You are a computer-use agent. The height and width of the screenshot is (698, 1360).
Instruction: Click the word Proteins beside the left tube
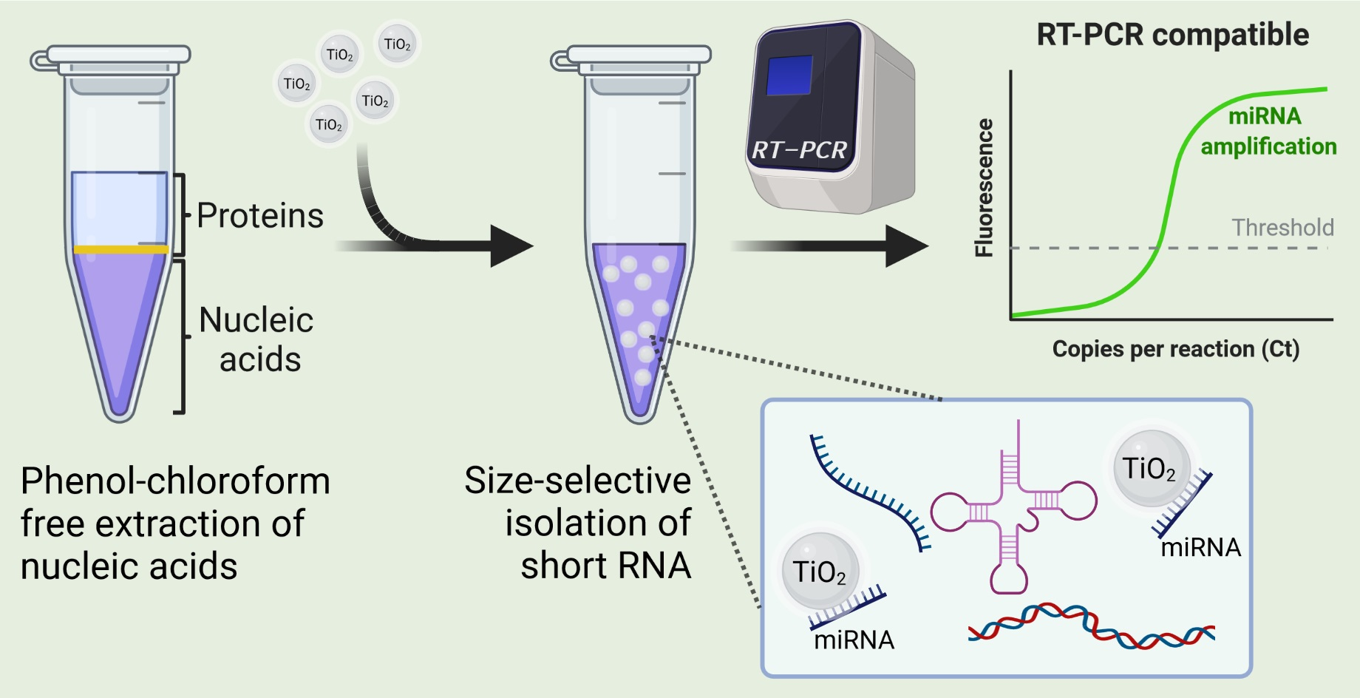click(260, 216)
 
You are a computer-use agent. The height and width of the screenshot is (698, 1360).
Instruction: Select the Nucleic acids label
click(257, 339)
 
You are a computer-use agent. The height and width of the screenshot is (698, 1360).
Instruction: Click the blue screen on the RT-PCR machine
click(789, 76)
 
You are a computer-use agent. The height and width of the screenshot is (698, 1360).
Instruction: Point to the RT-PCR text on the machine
click(799, 151)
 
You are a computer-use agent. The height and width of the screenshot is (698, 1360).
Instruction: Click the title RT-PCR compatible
click(1172, 35)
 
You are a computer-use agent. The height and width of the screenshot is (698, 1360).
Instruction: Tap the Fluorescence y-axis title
click(984, 188)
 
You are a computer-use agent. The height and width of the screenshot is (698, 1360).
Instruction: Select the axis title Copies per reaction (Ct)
click(1175, 348)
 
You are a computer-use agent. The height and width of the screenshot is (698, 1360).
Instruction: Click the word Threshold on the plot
click(1282, 228)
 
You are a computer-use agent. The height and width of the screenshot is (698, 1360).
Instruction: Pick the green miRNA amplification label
click(1267, 132)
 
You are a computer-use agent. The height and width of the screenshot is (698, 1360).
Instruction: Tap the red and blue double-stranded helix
click(1091, 626)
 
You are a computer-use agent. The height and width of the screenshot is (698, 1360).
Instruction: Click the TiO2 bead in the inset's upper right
click(1149, 468)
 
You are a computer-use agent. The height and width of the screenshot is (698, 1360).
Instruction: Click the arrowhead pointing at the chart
click(907, 246)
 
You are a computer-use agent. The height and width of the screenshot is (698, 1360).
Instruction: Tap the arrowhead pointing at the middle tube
click(511, 246)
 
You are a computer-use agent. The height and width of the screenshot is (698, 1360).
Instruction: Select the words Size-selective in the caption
click(577, 481)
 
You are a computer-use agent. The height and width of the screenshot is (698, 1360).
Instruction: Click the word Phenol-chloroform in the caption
click(175, 481)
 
